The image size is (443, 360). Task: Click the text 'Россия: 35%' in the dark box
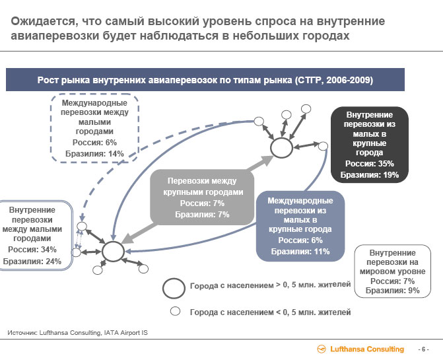370,164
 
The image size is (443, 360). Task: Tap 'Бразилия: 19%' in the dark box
370,175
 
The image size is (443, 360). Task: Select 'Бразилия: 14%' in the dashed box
94,154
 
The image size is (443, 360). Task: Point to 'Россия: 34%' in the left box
32,250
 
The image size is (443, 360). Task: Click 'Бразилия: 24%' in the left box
32,261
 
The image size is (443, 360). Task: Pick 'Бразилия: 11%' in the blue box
300,252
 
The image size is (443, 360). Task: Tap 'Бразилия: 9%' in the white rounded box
392,291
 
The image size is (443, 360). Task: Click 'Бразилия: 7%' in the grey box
202,215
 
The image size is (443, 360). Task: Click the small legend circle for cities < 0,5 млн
175,311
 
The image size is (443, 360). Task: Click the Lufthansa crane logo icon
322,349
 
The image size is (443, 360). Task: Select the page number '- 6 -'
423,349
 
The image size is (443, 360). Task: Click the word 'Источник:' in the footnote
22,333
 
